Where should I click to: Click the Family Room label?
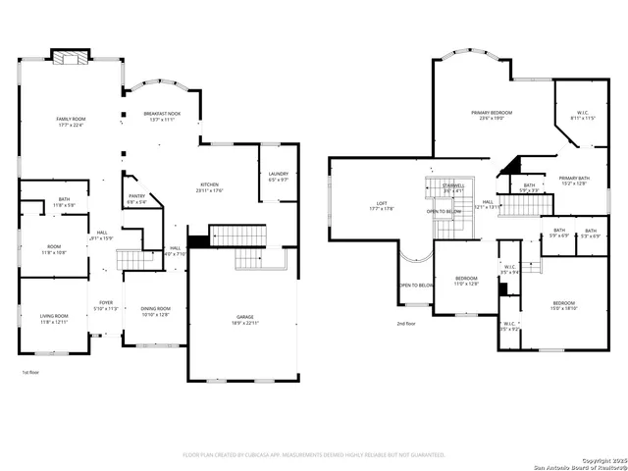[x=70, y=122]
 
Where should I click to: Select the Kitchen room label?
[x=209, y=187]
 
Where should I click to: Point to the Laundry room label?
[x=278, y=177]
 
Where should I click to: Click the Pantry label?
[x=136, y=199]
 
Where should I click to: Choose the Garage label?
[x=244, y=320]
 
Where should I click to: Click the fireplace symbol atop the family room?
[x=70, y=57]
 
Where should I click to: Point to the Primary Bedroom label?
[x=492, y=115]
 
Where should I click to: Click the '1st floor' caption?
[x=30, y=373]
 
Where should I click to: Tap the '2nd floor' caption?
[x=406, y=323]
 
